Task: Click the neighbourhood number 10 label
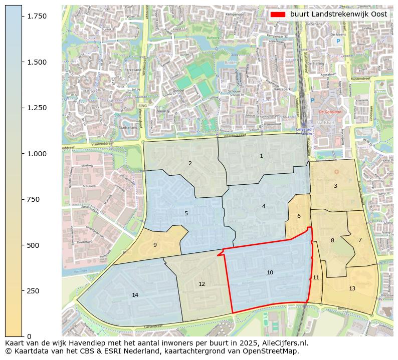pos(270,273)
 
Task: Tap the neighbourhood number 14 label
pos(135,295)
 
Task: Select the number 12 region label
pos(202,284)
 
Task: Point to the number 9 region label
pos(155,245)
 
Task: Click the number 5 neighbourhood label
pos(186,213)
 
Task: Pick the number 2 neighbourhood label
pos(190,163)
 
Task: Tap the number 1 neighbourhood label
pos(261,156)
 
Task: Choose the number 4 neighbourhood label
pos(264,206)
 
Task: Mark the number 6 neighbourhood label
pos(299,216)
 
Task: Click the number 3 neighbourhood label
pos(335,186)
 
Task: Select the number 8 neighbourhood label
pos(332,241)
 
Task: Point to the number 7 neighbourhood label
pos(359,240)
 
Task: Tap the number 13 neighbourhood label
pos(352,289)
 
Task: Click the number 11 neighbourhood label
pos(316,278)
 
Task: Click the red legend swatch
pos(278,15)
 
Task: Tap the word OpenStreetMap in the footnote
pos(273,351)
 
